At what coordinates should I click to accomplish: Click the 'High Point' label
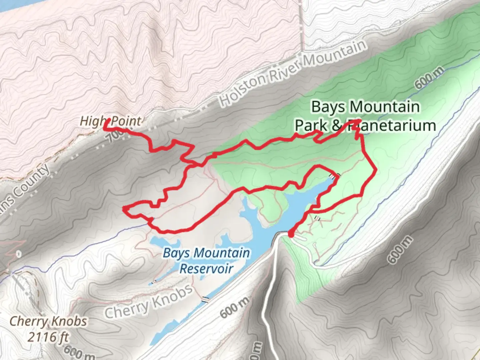coord(110,121)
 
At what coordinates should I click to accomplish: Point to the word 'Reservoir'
coord(206,268)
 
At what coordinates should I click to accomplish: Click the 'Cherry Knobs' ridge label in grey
coord(149,302)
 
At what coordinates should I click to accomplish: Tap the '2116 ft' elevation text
coord(49,337)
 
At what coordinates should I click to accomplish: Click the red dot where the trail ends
coord(291,234)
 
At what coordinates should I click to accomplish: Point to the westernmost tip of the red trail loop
coord(124,209)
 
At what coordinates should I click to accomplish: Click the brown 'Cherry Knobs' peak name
coord(49,322)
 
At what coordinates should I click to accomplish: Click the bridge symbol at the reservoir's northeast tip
coord(335,175)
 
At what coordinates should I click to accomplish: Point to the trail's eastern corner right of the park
coord(376,170)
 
